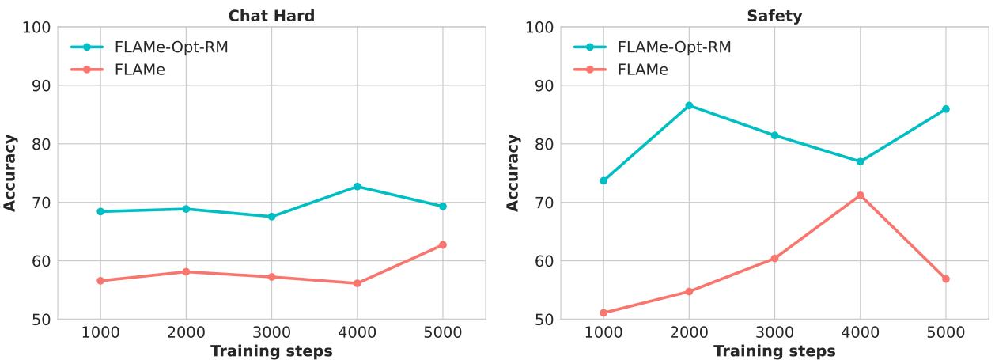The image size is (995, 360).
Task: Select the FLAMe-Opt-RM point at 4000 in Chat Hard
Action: [357, 187]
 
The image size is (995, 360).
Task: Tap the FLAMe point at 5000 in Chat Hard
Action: [442, 244]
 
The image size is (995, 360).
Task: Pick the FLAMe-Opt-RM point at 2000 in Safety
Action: [689, 105]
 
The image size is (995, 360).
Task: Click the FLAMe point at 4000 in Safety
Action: [860, 195]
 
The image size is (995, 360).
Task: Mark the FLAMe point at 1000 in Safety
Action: [603, 313]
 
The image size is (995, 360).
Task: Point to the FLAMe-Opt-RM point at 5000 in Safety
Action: [945, 109]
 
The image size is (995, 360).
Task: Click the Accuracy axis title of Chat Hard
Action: [10, 172]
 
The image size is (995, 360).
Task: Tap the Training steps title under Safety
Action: [774, 351]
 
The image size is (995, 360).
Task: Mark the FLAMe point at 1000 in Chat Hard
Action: [100, 280]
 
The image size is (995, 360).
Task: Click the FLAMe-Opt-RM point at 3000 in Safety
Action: [774, 135]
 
